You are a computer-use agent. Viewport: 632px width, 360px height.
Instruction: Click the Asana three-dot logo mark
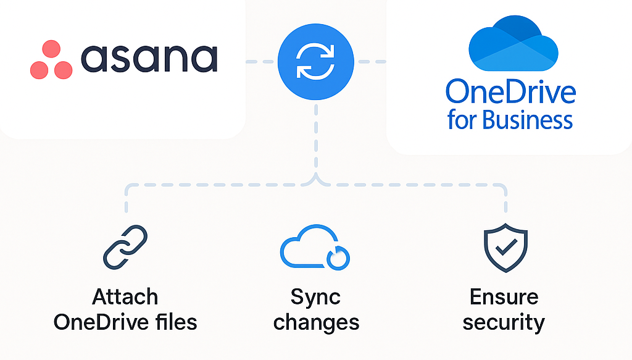coord(51,60)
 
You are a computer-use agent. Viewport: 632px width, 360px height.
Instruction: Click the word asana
coord(149,59)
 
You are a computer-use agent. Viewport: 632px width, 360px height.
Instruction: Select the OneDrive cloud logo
coord(513,44)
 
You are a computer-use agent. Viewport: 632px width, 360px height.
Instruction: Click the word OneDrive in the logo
coord(510,92)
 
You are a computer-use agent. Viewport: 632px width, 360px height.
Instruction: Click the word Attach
coord(125,297)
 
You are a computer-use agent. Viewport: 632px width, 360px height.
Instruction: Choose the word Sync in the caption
coord(315,297)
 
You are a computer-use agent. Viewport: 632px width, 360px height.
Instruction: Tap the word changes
coord(316,322)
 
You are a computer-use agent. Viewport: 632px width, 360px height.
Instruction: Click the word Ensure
coord(504,297)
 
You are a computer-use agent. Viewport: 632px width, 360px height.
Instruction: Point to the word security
coord(504,322)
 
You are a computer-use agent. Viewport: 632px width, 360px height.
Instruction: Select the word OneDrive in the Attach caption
coord(101,322)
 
